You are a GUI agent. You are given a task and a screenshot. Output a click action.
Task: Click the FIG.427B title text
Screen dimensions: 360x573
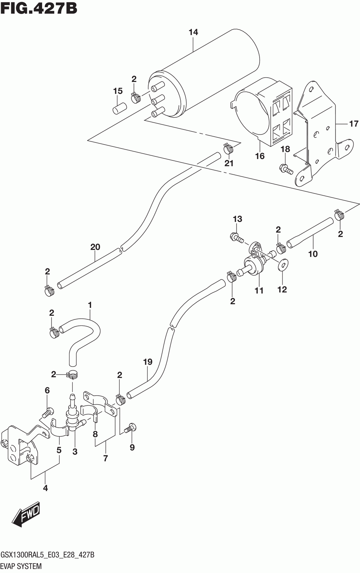point(39,8)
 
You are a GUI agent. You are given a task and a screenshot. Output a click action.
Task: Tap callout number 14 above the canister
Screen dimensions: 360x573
point(193,32)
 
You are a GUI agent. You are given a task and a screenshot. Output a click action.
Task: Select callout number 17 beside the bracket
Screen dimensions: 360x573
point(354,124)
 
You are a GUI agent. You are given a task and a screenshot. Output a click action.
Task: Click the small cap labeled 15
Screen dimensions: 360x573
point(119,109)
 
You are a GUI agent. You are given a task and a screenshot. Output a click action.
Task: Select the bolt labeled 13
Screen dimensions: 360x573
point(236,237)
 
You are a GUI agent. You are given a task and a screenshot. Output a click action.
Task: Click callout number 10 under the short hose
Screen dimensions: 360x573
point(313,254)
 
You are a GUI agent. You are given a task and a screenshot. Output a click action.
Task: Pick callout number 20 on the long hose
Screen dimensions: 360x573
point(95,247)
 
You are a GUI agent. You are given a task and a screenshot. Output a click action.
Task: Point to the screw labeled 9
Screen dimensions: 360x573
point(130,429)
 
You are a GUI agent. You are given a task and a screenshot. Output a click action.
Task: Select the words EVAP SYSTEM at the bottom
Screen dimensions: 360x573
point(21,566)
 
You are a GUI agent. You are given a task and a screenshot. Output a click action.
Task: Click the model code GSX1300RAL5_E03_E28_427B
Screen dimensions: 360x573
point(48,555)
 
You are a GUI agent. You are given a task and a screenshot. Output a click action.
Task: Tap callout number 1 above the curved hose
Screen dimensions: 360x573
point(90,305)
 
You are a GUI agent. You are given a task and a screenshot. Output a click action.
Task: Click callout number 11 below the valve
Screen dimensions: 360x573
point(259,291)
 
